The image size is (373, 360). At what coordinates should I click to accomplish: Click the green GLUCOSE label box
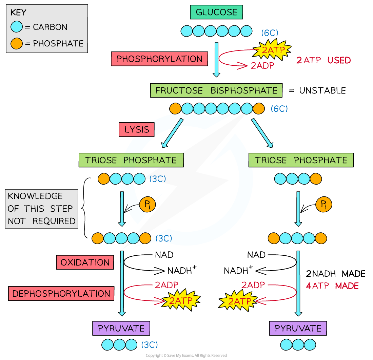[216, 13]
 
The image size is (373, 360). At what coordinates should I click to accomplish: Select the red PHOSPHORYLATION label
[159, 59]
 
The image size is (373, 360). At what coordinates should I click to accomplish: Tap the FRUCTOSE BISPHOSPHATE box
[216, 91]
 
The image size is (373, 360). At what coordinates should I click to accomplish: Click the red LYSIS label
[137, 130]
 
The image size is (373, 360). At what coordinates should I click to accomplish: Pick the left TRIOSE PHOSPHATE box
[131, 160]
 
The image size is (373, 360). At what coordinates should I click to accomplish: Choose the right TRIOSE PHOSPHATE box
[301, 160]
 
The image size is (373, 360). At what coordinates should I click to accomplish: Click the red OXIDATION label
[85, 262]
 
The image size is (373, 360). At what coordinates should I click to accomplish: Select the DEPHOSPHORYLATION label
[61, 294]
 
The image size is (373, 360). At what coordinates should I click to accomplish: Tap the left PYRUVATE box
[121, 328]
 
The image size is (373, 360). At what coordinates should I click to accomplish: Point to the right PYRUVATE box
[298, 328]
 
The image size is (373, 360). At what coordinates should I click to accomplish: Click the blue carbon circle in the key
[17, 27]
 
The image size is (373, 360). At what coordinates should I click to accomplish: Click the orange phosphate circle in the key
[17, 43]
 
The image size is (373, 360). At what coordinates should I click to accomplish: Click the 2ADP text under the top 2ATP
[262, 66]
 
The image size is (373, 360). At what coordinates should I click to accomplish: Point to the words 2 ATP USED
[323, 60]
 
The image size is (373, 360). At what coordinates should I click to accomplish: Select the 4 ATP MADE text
[332, 286]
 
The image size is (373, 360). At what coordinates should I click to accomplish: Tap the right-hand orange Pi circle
[323, 205]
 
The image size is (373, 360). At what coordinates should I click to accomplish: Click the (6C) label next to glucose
[270, 33]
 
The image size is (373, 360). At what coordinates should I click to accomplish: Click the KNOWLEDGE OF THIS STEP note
[41, 209]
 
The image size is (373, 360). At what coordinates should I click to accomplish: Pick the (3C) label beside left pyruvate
[150, 345]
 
